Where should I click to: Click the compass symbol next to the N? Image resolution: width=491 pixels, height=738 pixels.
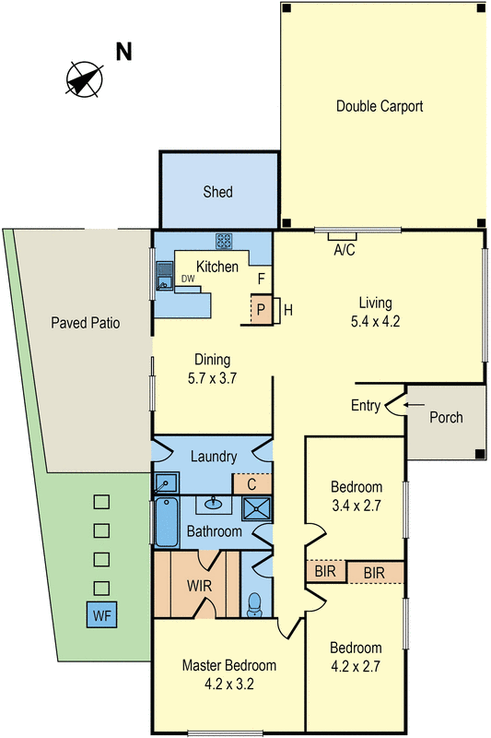coord(83,77)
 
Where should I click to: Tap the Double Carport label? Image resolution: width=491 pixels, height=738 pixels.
coord(380,106)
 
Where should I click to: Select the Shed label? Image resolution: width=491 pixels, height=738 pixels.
coord(218,193)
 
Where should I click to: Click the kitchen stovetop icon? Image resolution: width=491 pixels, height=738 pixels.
coord(225,241)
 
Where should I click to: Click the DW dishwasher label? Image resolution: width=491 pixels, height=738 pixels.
coord(188,279)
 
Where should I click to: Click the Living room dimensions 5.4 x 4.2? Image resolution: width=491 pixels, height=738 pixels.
coord(376,322)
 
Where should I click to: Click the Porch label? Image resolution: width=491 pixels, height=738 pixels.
coord(447,417)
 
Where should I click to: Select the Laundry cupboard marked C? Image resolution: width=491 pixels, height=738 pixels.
coord(251,483)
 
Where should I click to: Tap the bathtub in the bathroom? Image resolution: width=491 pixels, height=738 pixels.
coord(166,523)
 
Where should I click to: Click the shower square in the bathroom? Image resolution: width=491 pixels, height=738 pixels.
coord(251,507)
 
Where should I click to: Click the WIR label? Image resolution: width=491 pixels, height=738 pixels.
coord(201,585)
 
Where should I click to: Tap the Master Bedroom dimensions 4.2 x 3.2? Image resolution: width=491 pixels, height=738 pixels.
coord(228,685)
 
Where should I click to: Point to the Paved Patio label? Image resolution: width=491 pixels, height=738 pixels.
coord(86,323)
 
